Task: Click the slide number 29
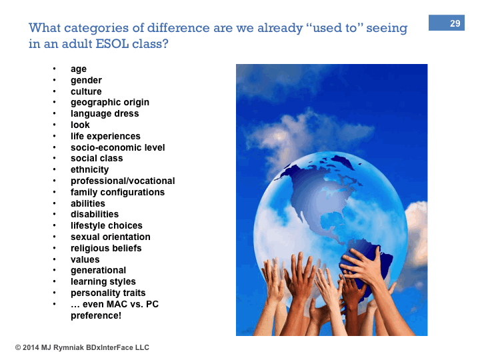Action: (x=455, y=23)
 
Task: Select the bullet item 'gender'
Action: (x=86, y=80)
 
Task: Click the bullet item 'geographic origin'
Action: (x=110, y=102)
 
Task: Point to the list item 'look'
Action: (x=80, y=125)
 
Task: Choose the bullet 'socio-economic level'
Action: (x=117, y=147)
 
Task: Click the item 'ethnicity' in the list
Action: (x=89, y=169)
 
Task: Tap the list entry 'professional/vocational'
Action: (x=123, y=181)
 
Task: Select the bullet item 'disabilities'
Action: (x=94, y=214)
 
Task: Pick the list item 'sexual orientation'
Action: (x=110, y=237)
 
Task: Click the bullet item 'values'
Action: (x=85, y=259)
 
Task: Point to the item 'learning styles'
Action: (x=103, y=281)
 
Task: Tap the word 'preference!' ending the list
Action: (x=96, y=315)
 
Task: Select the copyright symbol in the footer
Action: (x=18, y=348)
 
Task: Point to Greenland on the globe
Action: (x=343, y=161)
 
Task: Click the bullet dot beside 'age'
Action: (x=55, y=69)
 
